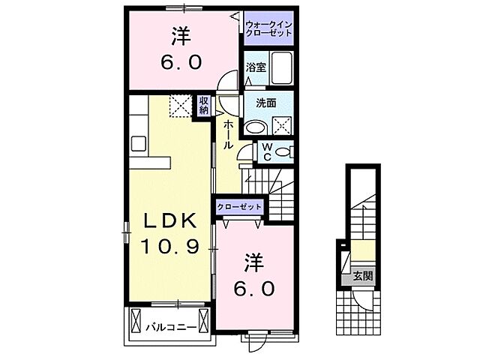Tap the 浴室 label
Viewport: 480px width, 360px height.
pyautogui.click(x=256, y=67)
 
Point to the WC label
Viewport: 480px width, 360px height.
pyautogui.click(x=266, y=151)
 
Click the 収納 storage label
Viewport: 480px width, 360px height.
pyautogui.click(x=203, y=105)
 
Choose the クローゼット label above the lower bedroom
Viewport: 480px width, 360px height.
pyautogui.click(x=240, y=206)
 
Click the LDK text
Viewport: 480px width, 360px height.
pyautogui.click(x=170, y=220)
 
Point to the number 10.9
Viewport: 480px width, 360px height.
pyautogui.click(x=170, y=245)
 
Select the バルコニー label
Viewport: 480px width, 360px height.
pyautogui.click(x=171, y=328)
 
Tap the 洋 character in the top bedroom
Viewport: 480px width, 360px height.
pyautogui.click(x=181, y=35)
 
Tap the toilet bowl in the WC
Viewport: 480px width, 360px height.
pyautogui.click(x=283, y=152)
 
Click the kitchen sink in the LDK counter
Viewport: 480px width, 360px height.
pyautogui.click(x=140, y=142)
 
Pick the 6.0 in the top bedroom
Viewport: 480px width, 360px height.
pyautogui.click(x=181, y=62)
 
